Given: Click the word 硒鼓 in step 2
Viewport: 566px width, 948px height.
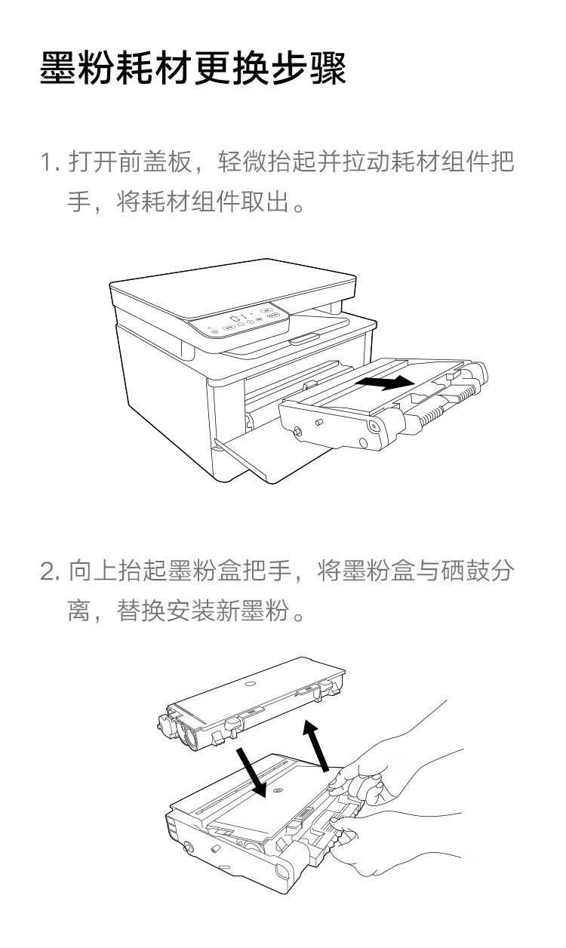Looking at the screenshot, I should tap(466, 571).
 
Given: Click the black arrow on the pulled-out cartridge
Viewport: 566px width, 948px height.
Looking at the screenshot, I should tap(384, 383).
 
